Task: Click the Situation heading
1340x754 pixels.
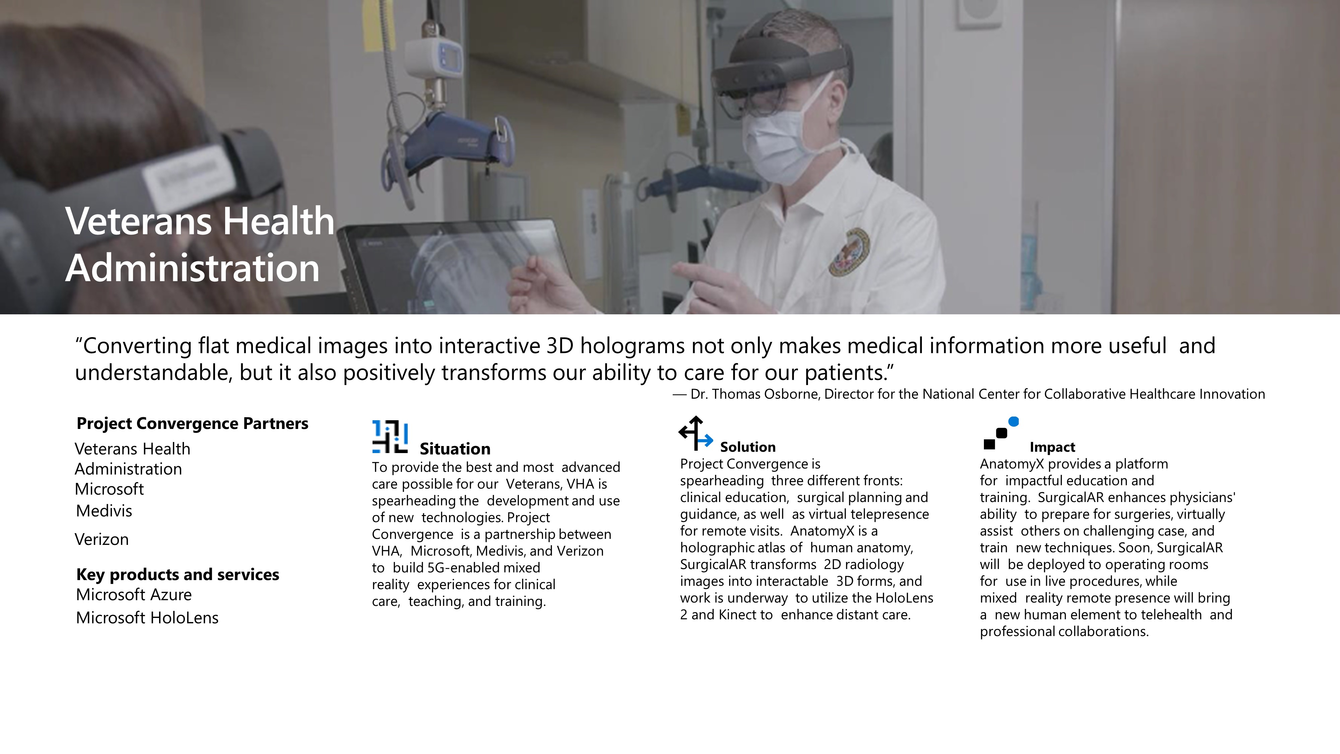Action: (455, 449)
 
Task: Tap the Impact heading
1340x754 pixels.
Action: (1052, 447)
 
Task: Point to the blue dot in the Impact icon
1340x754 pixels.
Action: (1013, 422)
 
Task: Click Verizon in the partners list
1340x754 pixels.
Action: (102, 539)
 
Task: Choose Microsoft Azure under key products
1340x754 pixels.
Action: (134, 594)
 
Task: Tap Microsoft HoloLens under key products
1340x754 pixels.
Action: (147, 618)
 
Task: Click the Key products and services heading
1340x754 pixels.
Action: (178, 574)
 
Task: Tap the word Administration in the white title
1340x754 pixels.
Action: (193, 268)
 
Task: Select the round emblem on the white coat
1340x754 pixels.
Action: (849, 252)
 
